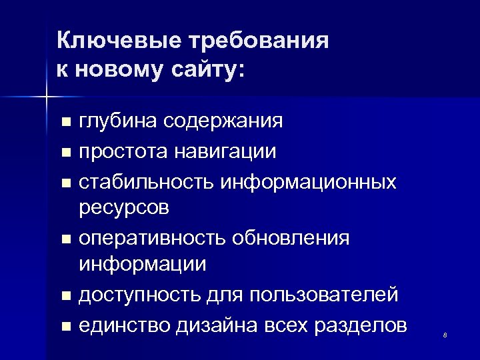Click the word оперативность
click(153, 238)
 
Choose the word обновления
click(291, 238)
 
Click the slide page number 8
click(444, 335)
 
